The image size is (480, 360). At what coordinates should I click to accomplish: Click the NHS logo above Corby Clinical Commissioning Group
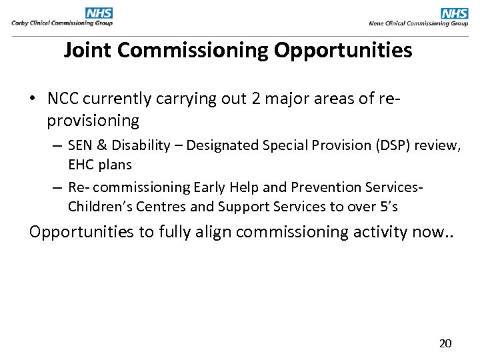(x=99, y=13)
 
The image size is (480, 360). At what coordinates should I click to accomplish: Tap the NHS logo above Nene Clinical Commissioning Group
(x=455, y=13)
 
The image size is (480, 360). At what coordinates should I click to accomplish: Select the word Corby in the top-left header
(x=21, y=23)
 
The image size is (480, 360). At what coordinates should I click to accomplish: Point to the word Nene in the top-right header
(x=377, y=23)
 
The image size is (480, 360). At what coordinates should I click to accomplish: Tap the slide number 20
(x=445, y=343)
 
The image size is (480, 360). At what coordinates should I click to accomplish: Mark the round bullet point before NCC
(x=32, y=99)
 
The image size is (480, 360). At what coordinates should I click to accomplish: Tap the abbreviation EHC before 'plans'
(x=82, y=164)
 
